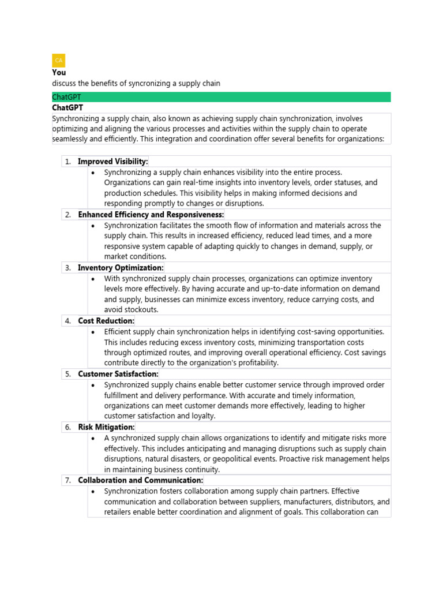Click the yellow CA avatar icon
coord(59,61)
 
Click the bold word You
coord(59,73)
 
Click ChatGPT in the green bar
coord(66,97)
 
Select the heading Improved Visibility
coord(113,162)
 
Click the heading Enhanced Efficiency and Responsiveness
coord(151,215)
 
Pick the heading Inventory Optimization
coord(121,268)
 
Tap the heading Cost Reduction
coord(106,321)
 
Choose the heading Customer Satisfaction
coord(118,374)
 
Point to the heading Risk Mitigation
coord(106,427)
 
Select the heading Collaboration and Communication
coord(140,480)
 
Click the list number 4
coord(68,321)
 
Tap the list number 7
coord(68,480)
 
